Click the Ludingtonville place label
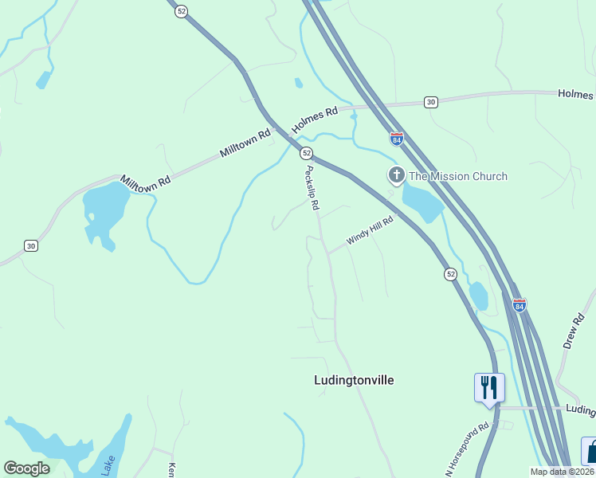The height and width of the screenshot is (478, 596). pyautogui.click(x=354, y=380)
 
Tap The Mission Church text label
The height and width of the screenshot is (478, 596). pyautogui.click(x=457, y=176)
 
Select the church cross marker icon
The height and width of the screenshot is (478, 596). pyautogui.click(x=396, y=175)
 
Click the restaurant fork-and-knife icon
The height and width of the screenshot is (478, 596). pyautogui.click(x=488, y=388)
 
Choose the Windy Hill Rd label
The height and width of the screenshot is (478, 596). pyautogui.click(x=370, y=231)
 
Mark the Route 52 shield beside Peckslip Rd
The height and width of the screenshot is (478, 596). pyautogui.click(x=306, y=152)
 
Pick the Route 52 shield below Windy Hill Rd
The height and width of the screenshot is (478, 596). pyautogui.click(x=450, y=274)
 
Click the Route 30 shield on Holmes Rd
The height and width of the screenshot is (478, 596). pyautogui.click(x=430, y=102)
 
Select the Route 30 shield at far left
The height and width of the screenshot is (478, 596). pyautogui.click(x=30, y=245)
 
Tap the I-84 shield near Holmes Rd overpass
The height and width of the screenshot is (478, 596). pyautogui.click(x=397, y=138)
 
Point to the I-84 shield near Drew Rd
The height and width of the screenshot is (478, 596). pyautogui.click(x=520, y=305)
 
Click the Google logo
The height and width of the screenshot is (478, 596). pyautogui.click(x=26, y=468)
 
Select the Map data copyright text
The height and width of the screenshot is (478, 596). pyautogui.click(x=562, y=472)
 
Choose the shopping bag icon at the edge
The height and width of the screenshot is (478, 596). pyautogui.click(x=590, y=452)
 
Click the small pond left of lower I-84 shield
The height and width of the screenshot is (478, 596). pyautogui.click(x=478, y=296)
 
